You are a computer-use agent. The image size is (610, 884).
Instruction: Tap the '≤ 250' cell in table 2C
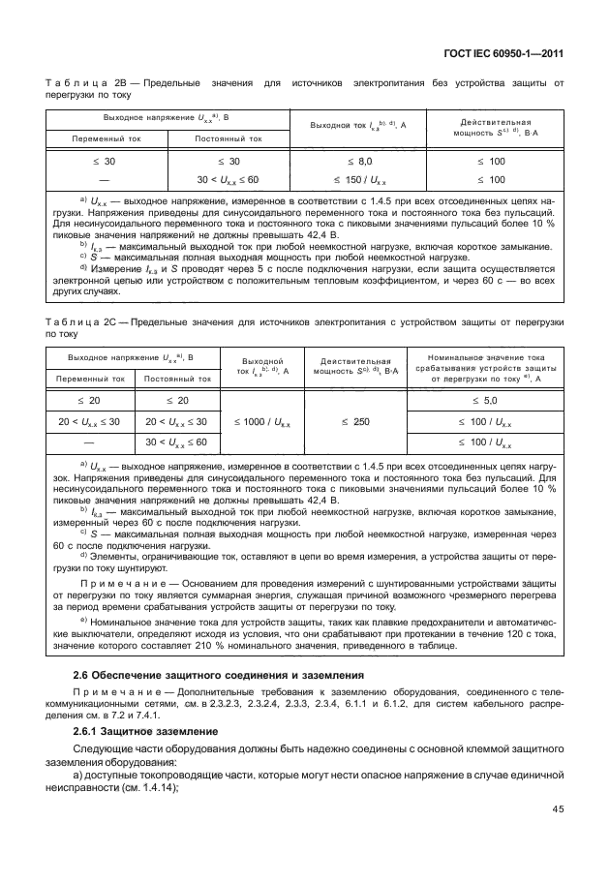[359, 422]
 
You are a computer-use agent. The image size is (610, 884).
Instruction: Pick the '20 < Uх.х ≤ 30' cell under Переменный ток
[95, 421]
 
